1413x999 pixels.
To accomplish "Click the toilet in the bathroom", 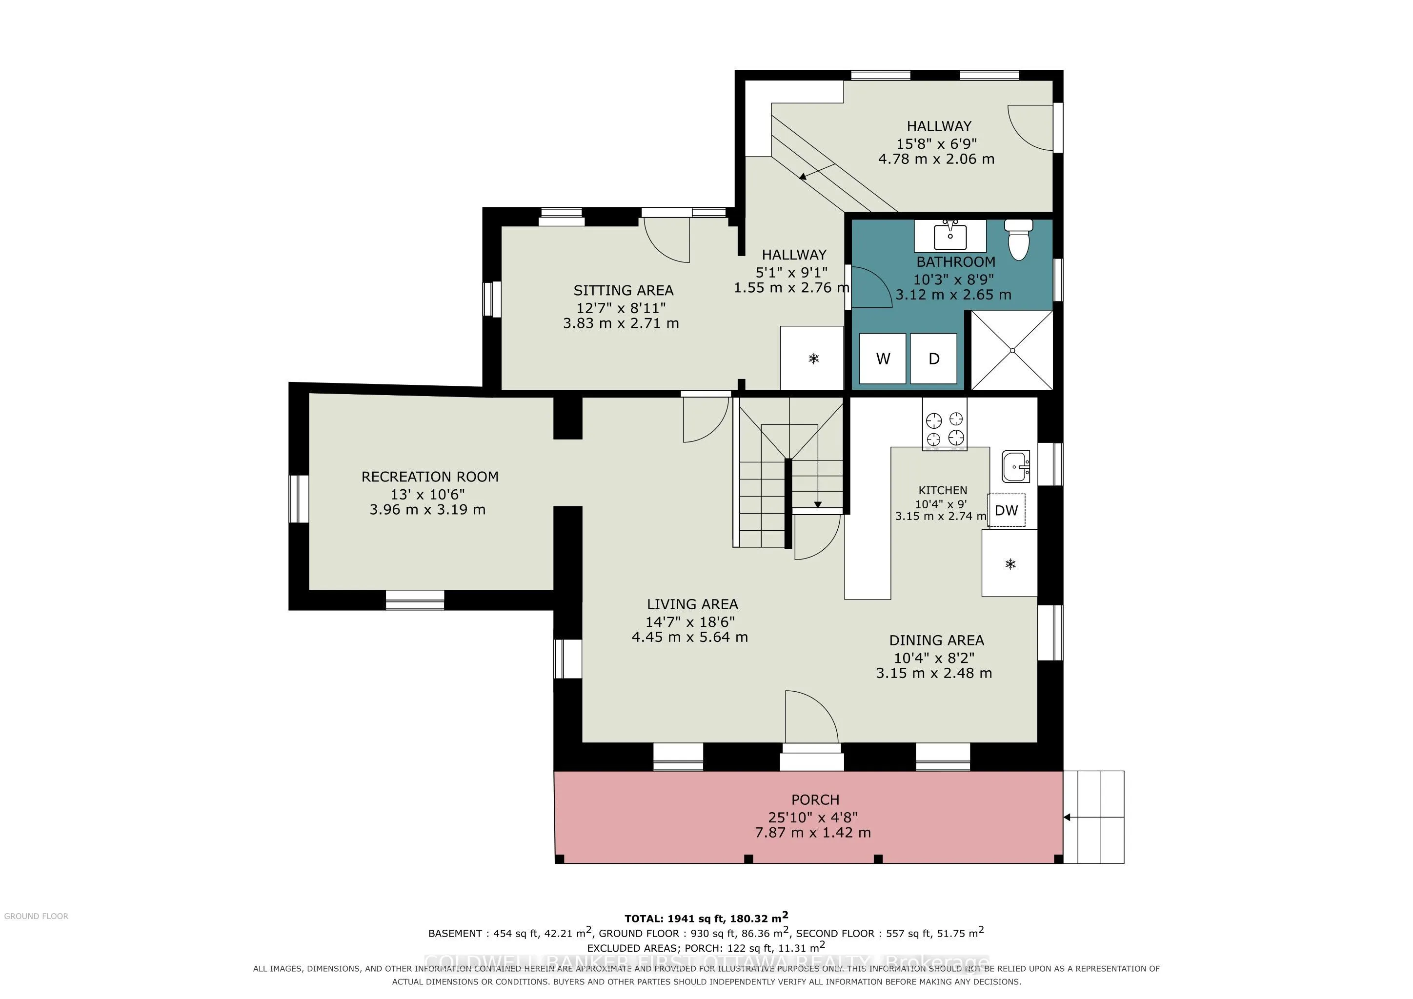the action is [x=1019, y=240].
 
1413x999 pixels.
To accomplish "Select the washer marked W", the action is [x=883, y=359].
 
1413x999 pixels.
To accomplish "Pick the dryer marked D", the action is [x=933, y=359].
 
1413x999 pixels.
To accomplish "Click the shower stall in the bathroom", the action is [x=1012, y=350].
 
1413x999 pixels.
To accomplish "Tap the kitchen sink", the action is [x=1016, y=467].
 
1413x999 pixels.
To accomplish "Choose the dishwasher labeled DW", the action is [x=1007, y=510].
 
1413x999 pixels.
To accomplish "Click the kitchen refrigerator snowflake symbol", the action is [x=1010, y=563].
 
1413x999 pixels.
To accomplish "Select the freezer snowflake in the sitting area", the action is [x=813, y=359].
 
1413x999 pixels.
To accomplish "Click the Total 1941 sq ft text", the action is [x=706, y=918].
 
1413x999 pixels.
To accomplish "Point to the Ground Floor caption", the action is [x=36, y=916].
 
